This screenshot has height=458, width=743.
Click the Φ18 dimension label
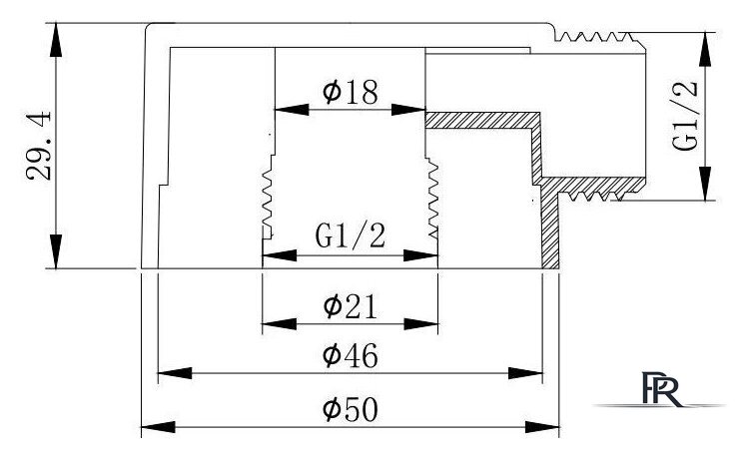[x=351, y=92]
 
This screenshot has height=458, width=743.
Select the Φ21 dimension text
[x=351, y=306]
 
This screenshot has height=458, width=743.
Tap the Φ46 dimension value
[x=351, y=355]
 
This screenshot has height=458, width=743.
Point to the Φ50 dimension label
[x=351, y=409]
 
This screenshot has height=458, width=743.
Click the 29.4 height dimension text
[x=39, y=146]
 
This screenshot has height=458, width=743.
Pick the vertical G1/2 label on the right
[x=686, y=116]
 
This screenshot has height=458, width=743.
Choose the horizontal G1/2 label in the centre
[x=351, y=235]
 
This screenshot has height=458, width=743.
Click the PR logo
[x=661, y=389]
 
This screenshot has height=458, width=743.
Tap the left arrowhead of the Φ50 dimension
[x=158, y=427]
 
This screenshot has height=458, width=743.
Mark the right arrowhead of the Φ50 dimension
[x=542, y=427]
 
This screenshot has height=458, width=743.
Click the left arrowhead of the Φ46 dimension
[x=175, y=373]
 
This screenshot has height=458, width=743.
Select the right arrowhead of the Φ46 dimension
[x=525, y=373]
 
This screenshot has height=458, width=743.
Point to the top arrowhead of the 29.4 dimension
[x=56, y=40]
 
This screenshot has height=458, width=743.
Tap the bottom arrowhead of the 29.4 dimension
[x=56, y=251]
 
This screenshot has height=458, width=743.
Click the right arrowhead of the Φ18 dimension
[x=408, y=110]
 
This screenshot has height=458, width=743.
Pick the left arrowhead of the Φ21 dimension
[x=279, y=324]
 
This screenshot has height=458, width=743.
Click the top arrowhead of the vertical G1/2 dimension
[x=706, y=49]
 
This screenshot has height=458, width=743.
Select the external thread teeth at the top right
[x=595, y=37]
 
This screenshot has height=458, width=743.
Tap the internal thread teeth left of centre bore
[x=269, y=196]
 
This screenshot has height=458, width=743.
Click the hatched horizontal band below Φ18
[x=482, y=121]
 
